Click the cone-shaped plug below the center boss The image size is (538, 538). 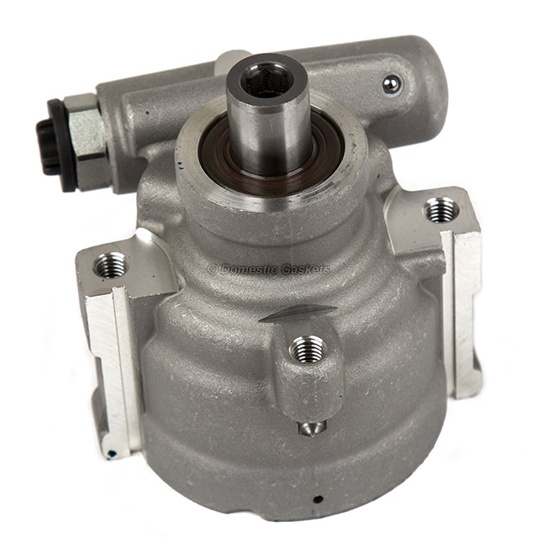(311, 428)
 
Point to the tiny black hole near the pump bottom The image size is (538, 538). (318, 498)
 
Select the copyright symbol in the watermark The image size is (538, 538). (212, 270)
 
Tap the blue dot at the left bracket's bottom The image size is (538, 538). (110, 454)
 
